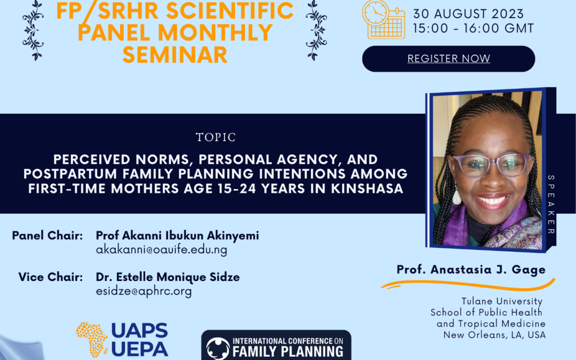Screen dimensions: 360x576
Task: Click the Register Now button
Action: (x=449, y=59)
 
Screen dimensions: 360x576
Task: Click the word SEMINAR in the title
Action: (x=175, y=54)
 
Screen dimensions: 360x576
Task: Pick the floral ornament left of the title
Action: (x=34, y=30)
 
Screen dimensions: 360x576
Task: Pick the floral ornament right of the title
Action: (x=317, y=30)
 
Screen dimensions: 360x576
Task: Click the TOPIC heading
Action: (x=215, y=138)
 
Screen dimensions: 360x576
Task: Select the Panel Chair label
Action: (x=47, y=236)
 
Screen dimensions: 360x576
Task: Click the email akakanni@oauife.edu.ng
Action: (x=162, y=250)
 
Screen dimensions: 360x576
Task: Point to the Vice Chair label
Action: (x=51, y=277)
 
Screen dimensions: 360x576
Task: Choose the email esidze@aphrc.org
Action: (x=143, y=291)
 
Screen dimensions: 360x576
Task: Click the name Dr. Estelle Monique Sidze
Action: (x=167, y=277)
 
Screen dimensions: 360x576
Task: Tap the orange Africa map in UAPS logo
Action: (x=92, y=339)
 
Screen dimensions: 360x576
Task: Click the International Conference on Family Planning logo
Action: (x=276, y=346)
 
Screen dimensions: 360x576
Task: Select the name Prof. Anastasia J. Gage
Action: (x=471, y=270)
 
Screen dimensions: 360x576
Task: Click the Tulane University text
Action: (x=502, y=302)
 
